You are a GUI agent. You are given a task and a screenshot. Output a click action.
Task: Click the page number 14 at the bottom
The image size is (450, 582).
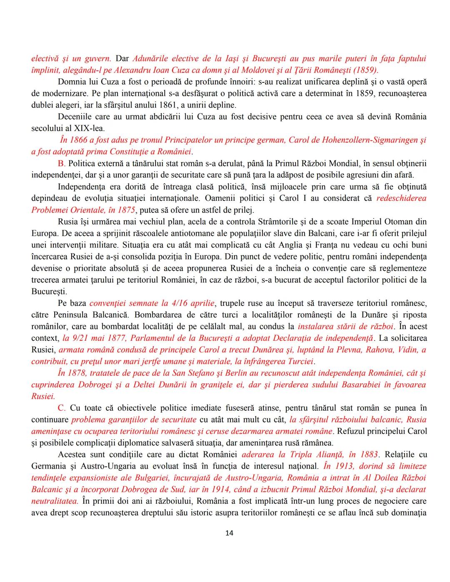coord(229,533)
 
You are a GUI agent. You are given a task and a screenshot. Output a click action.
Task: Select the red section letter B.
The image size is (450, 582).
coord(61,163)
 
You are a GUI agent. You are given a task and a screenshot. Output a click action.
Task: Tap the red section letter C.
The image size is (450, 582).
coord(61,408)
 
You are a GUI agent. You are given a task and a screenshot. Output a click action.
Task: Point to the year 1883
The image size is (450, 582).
coord(368,455)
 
